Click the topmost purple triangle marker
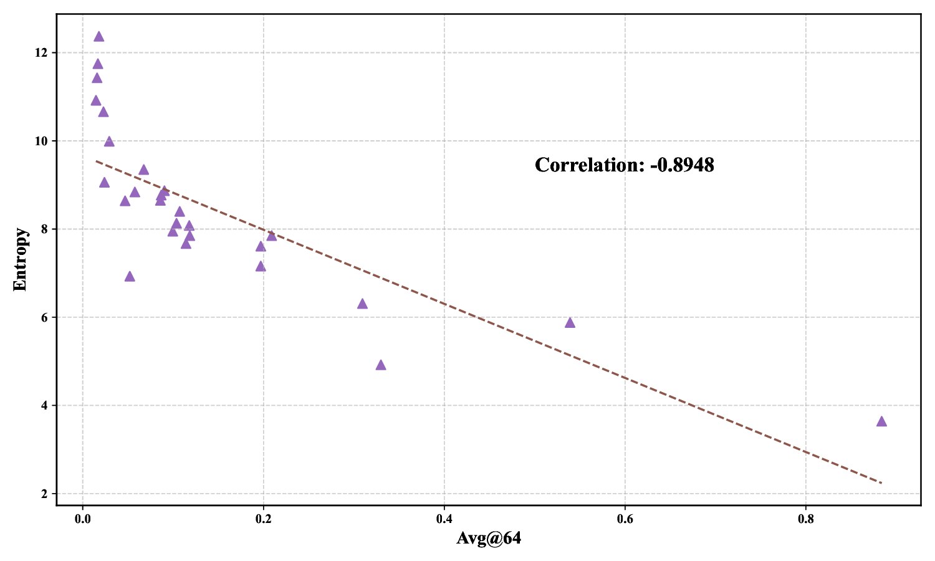[98, 37]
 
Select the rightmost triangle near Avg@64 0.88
[881, 421]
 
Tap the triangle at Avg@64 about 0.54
[570, 323]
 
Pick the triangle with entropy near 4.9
[381, 365]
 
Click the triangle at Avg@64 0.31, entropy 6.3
[362, 304]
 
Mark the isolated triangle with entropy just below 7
[130, 277]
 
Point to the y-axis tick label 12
[42, 53]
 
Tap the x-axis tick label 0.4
[444, 519]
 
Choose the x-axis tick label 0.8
[805, 519]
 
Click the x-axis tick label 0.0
[82, 519]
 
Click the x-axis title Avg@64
[489, 538]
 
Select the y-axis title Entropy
[21, 259]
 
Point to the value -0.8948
[681, 165]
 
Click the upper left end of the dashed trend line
[96, 161]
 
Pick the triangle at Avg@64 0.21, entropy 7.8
[271, 236]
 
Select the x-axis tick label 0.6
[625, 519]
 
